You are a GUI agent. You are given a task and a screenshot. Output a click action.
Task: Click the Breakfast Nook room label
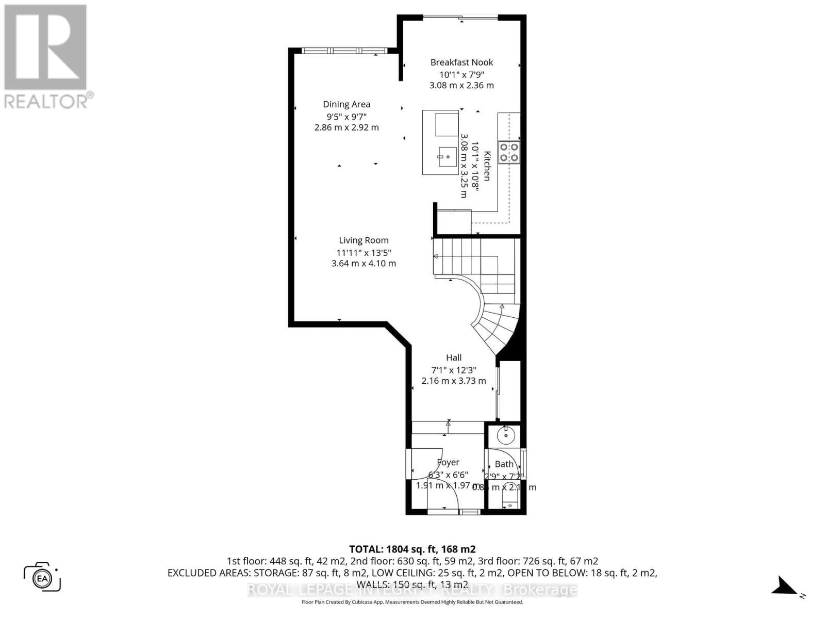461,62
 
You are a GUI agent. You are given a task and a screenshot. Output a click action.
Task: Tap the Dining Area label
346,104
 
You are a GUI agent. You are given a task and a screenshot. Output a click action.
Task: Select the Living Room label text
364,240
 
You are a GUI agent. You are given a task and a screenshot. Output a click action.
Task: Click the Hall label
454,357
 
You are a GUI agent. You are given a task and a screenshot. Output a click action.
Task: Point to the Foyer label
448,463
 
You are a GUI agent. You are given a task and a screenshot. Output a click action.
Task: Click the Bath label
504,464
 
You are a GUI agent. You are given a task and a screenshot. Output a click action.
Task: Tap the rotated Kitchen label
487,166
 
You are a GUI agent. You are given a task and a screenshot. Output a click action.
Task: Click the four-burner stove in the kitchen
509,152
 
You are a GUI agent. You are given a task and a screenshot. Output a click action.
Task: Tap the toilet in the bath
509,500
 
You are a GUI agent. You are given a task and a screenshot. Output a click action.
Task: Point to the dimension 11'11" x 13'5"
364,253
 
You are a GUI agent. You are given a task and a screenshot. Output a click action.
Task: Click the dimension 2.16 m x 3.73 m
454,381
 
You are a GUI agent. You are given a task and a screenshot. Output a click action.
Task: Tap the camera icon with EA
42,577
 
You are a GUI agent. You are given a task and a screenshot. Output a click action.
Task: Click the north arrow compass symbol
784,587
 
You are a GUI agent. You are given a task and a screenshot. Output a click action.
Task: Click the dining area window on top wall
340,51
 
